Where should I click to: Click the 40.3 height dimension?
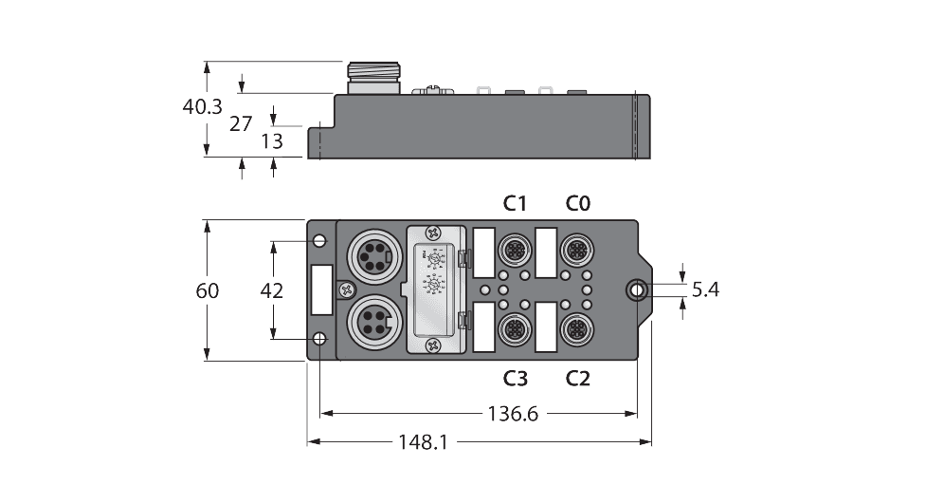(204, 107)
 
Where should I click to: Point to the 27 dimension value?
(242, 122)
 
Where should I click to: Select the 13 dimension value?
(272, 141)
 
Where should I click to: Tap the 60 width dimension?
(208, 290)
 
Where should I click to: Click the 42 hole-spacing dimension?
(272, 290)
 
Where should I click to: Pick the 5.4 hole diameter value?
(705, 289)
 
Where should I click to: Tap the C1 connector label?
(515, 202)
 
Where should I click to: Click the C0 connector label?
(578, 202)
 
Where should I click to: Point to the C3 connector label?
(515, 378)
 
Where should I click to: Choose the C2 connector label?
(578, 378)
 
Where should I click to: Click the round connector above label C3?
(515, 329)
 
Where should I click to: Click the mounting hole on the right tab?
(638, 289)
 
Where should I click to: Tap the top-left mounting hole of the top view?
(320, 240)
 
